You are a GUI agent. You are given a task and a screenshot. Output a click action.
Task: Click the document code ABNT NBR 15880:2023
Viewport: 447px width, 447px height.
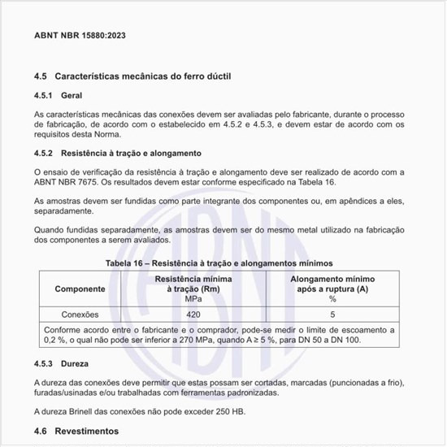pos(80,37)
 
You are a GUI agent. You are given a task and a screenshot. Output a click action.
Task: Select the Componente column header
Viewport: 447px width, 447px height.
pos(80,289)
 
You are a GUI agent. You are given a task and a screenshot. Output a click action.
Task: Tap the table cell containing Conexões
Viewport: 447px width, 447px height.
pos(80,314)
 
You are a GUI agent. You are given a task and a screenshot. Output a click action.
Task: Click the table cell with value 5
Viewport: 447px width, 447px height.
pos(332,314)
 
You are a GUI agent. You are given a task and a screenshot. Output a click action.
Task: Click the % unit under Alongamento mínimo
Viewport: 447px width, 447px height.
pos(332,299)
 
